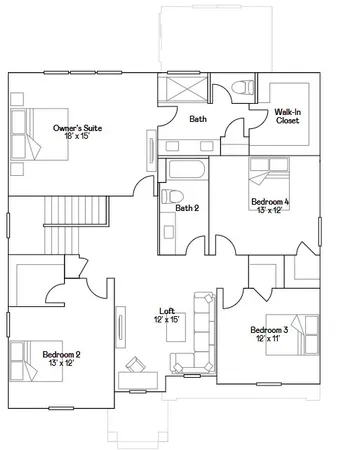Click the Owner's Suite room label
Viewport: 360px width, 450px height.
point(77,128)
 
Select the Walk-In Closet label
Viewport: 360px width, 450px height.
point(289,120)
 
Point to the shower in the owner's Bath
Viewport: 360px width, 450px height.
point(183,90)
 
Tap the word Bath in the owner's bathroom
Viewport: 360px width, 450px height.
point(198,120)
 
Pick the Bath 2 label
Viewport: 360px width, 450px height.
point(187,208)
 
